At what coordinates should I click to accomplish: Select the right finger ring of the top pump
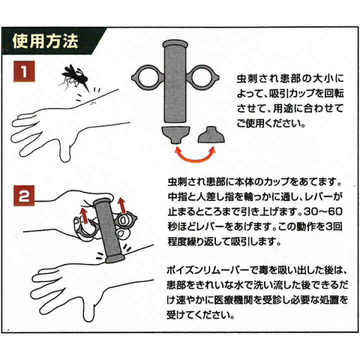point(205,78)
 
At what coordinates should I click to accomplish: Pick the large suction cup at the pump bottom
point(175,133)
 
